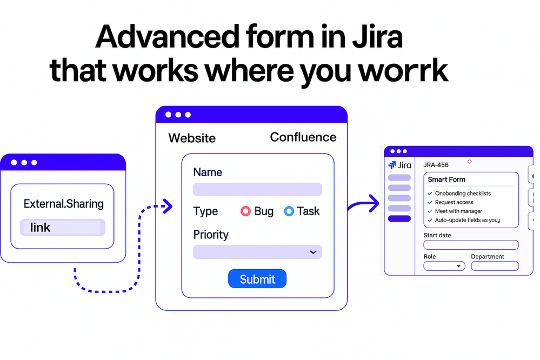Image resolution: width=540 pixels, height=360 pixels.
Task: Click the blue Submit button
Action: [257, 279]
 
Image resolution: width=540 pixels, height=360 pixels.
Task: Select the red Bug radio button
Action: [245, 211]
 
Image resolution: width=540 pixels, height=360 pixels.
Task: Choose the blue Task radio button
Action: [289, 211]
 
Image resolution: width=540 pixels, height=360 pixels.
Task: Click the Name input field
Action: [257, 189]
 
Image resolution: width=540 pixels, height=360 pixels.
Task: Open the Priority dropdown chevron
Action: [312, 252]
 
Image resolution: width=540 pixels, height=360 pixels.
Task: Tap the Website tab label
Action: [192, 138]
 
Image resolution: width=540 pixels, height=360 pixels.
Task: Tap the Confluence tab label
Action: [303, 137]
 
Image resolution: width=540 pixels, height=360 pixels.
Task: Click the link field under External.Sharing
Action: [63, 228]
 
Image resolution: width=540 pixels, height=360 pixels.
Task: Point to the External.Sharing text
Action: [63, 204]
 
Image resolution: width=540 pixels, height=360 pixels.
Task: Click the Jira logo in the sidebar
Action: [399, 165]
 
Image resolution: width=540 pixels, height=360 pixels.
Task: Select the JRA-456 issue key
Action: [436, 165]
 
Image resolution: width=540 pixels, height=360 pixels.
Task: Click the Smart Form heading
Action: [446, 179]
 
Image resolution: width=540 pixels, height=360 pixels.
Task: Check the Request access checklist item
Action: [454, 202]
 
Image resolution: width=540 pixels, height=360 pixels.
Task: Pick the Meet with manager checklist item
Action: [458, 211]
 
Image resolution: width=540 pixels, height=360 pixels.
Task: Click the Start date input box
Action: [471, 245]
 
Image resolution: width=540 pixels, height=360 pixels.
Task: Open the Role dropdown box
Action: [444, 266]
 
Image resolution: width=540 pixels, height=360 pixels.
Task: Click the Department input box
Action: [495, 266]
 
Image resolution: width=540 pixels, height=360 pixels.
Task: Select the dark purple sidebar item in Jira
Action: [399, 219]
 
